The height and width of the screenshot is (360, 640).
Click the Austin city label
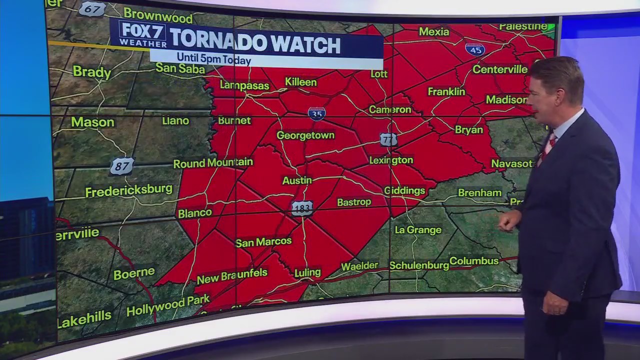pyautogui.click(x=297, y=180)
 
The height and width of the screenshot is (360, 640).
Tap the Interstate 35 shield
pyautogui.click(x=316, y=113)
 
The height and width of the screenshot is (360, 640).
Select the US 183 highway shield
pyautogui.click(x=302, y=208)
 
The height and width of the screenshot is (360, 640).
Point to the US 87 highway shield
pyautogui.click(x=122, y=166)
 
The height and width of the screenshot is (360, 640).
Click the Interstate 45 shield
pyautogui.click(x=474, y=49)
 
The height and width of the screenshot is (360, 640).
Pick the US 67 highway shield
pyautogui.click(x=92, y=9)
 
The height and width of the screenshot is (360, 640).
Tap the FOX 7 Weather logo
pyautogui.click(x=136, y=33)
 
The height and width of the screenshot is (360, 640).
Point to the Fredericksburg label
pyautogui.click(x=128, y=191)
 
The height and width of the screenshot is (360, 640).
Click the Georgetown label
pyautogui.click(x=305, y=135)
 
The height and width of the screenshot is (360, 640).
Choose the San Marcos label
pyautogui.click(x=263, y=242)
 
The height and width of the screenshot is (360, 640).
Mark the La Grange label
pyautogui.click(x=418, y=230)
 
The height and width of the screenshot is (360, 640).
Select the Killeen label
pyautogui.click(x=300, y=82)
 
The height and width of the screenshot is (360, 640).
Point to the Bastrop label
pyautogui.click(x=354, y=202)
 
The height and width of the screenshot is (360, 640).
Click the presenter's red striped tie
pyautogui.click(x=548, y=146)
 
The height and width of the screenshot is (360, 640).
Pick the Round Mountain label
pyautogui.click(x=213, y=163)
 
